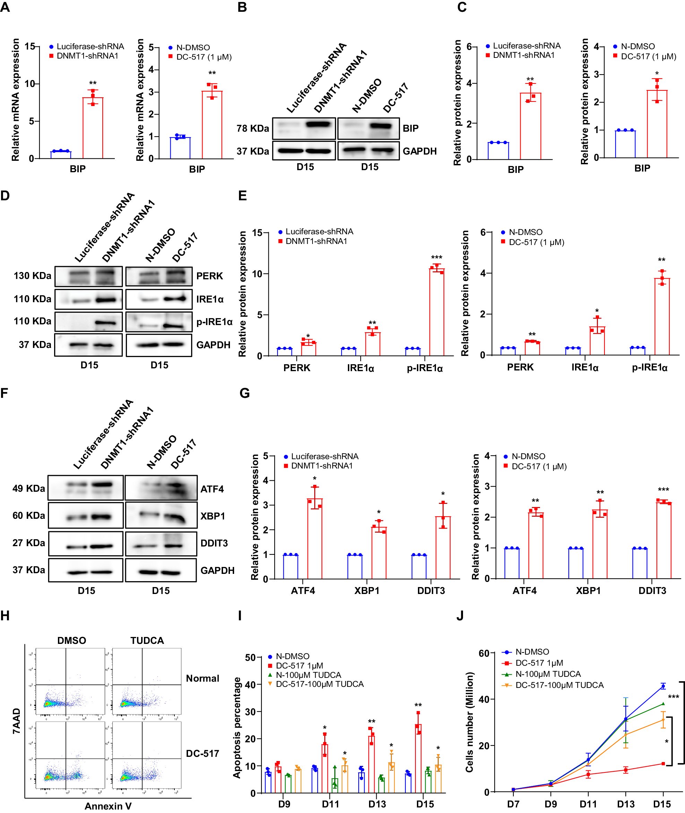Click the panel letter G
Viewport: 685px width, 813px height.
(244, 393)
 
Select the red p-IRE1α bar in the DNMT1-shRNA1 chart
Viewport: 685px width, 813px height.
(436, 312)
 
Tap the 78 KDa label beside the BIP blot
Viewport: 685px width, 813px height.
(252, 129)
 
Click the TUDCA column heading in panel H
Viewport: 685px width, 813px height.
(147, 640)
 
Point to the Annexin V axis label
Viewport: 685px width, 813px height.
(108, 806)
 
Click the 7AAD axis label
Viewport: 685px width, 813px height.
(16, 720)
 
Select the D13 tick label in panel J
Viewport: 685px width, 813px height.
(626, 804)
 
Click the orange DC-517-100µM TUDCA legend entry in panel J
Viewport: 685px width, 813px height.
(559, 685)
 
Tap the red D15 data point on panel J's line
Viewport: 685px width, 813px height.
(663, 764)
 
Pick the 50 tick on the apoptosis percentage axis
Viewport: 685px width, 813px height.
(250, 657)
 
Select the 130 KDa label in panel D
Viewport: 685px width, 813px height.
(32, 276)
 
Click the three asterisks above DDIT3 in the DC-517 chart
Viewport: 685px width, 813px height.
(663, 490)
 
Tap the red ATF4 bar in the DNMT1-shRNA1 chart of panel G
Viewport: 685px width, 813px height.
(315, 538)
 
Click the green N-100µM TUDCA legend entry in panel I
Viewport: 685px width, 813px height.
(308, 675)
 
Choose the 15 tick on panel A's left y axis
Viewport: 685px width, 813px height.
(29, 46)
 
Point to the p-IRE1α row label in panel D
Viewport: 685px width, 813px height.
(214, 322)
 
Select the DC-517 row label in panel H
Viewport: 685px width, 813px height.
(202, 754)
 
